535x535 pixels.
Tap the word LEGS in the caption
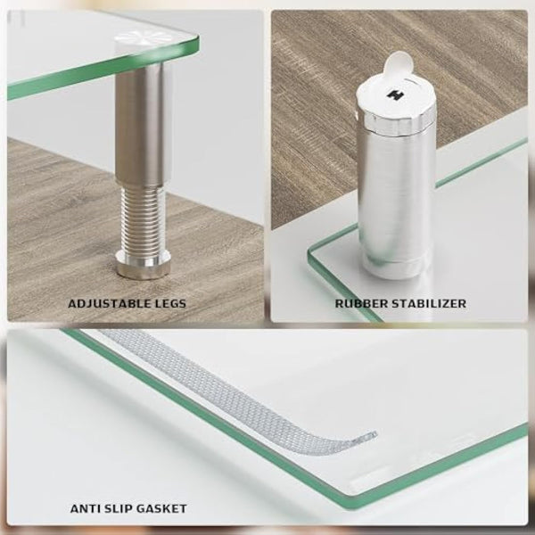pos(169,303)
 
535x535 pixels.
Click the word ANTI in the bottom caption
pos(86,508)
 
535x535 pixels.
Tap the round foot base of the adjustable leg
pos(144,264)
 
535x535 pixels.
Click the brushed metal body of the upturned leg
pos(392,187)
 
